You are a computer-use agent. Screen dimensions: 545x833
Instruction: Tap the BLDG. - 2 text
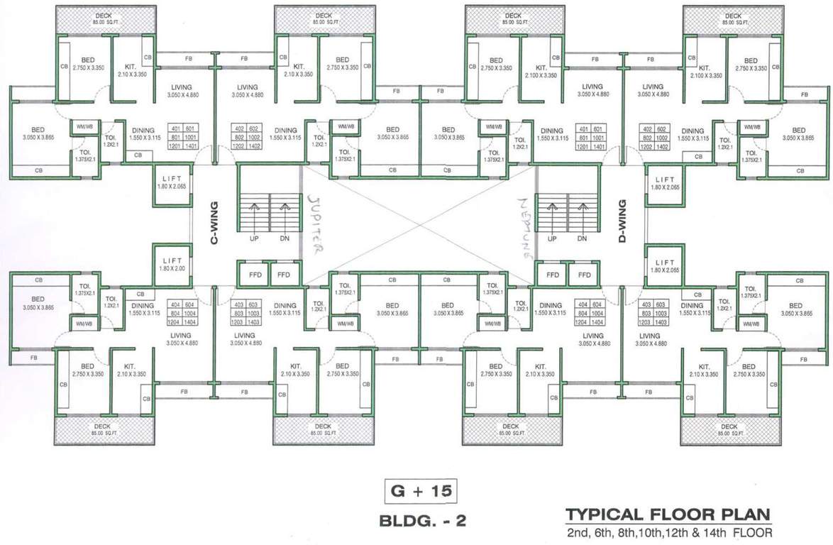[x=423, y=521]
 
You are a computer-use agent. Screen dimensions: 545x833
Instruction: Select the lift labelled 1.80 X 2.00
[x=172, y=265]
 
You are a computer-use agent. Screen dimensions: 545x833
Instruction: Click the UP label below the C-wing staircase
[x=254, y=238]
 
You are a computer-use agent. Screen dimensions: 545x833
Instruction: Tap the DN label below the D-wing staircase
[x=582, y=238]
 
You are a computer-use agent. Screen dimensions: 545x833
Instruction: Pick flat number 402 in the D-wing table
[x=646, y=128]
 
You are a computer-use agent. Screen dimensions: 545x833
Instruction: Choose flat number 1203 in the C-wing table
[x=240, y=321]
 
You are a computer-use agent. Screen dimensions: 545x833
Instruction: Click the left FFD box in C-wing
[x=253, y=275]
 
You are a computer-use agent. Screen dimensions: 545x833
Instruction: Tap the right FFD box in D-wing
[x=585, y=275]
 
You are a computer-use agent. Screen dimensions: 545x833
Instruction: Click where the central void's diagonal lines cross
[x=418, y=225]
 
